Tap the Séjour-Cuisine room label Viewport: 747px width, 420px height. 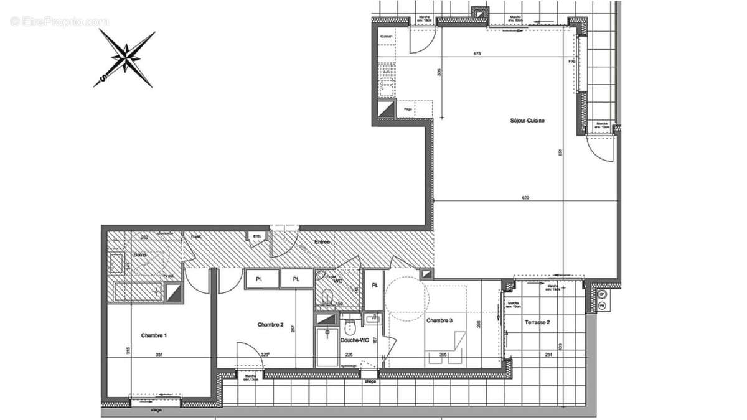click(527, 121)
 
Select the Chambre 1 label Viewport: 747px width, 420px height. click(154, 335)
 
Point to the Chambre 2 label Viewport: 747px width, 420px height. click(271, 325)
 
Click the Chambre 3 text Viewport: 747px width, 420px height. click(439, 320)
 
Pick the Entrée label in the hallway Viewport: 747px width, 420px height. click(322, 241)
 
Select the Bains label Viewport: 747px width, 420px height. click(140, 255)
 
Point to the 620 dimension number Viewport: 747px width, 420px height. click(525, 198)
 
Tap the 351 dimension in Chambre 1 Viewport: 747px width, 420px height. click(159, 355)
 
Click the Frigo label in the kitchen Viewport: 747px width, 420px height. click(408, 110)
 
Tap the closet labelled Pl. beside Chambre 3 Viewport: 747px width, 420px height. click(375, 286)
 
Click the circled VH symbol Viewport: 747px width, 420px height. click(602, 306)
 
